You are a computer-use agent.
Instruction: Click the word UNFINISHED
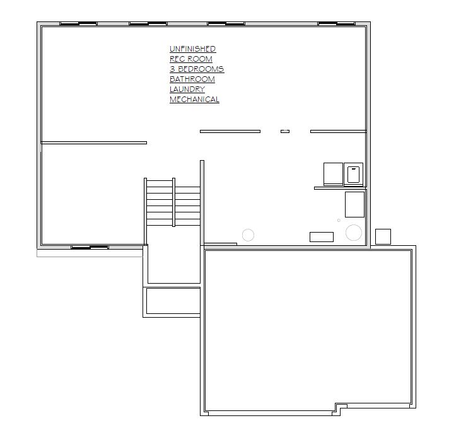point(192,49)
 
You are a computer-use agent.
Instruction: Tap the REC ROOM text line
point(191,59)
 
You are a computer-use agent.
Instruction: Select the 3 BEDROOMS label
point(197,69)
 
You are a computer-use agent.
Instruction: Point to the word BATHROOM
point(192,79)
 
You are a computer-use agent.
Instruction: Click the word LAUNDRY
point(187,89)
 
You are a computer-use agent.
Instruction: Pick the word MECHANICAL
point(194,100)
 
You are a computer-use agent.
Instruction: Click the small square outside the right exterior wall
point(383,236)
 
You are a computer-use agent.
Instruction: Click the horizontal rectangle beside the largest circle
point(322,237)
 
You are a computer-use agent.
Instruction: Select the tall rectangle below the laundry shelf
point(354,205)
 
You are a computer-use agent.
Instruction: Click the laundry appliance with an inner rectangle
point(353,174)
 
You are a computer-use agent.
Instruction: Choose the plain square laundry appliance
point(333,174)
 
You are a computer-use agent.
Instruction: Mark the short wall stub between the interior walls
point(285,131)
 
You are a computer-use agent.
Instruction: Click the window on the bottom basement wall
point(90,247)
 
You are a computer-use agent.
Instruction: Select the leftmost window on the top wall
point(78,23)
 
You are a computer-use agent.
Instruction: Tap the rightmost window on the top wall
point(337,23)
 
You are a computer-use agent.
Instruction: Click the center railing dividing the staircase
point(174,202)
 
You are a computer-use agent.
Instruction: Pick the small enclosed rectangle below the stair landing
point(173,301)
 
